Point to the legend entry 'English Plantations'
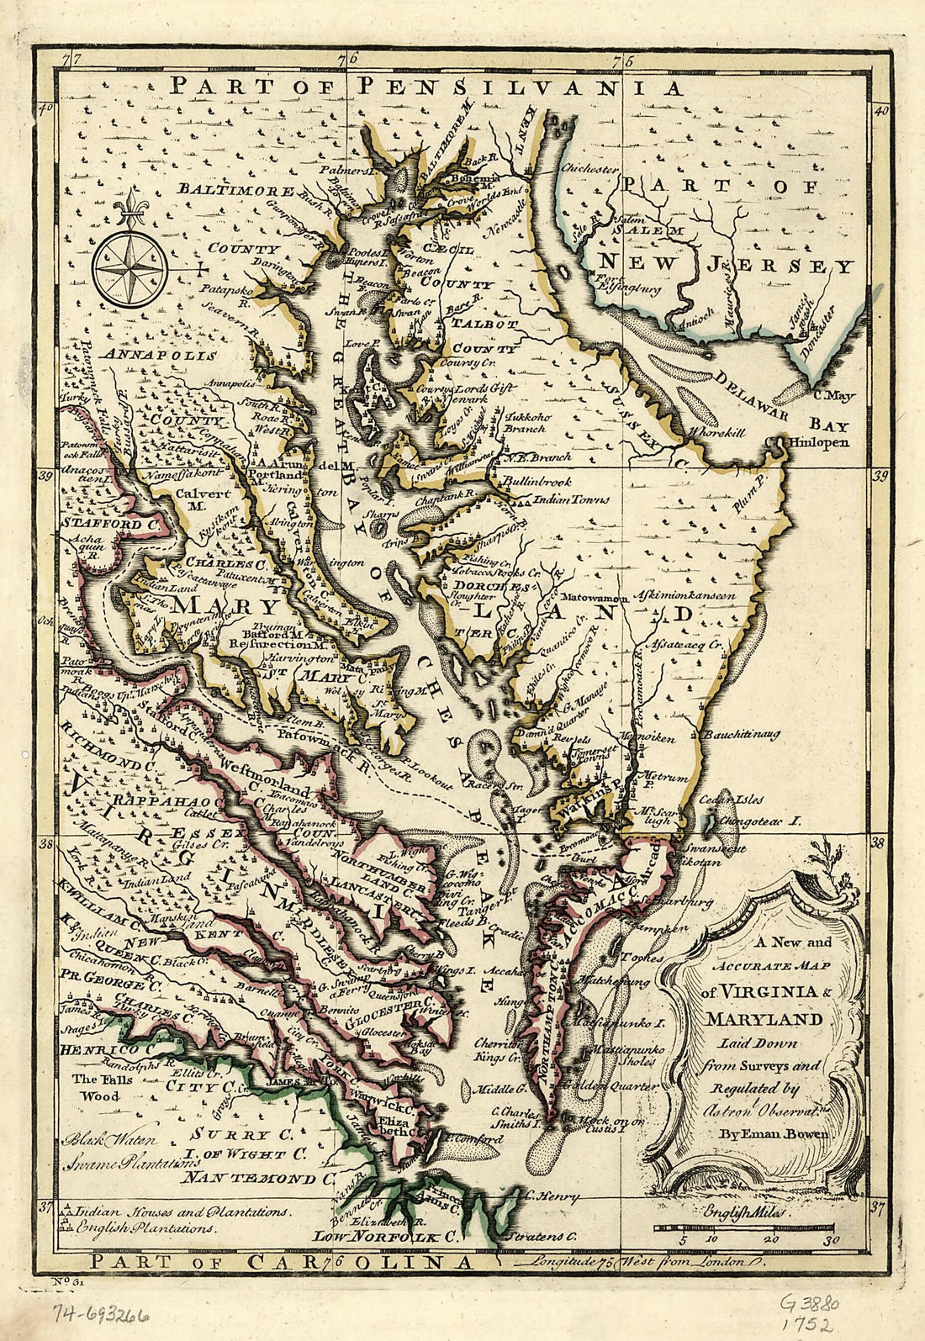tap(144, 1227)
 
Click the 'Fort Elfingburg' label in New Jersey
tap(626, 283)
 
